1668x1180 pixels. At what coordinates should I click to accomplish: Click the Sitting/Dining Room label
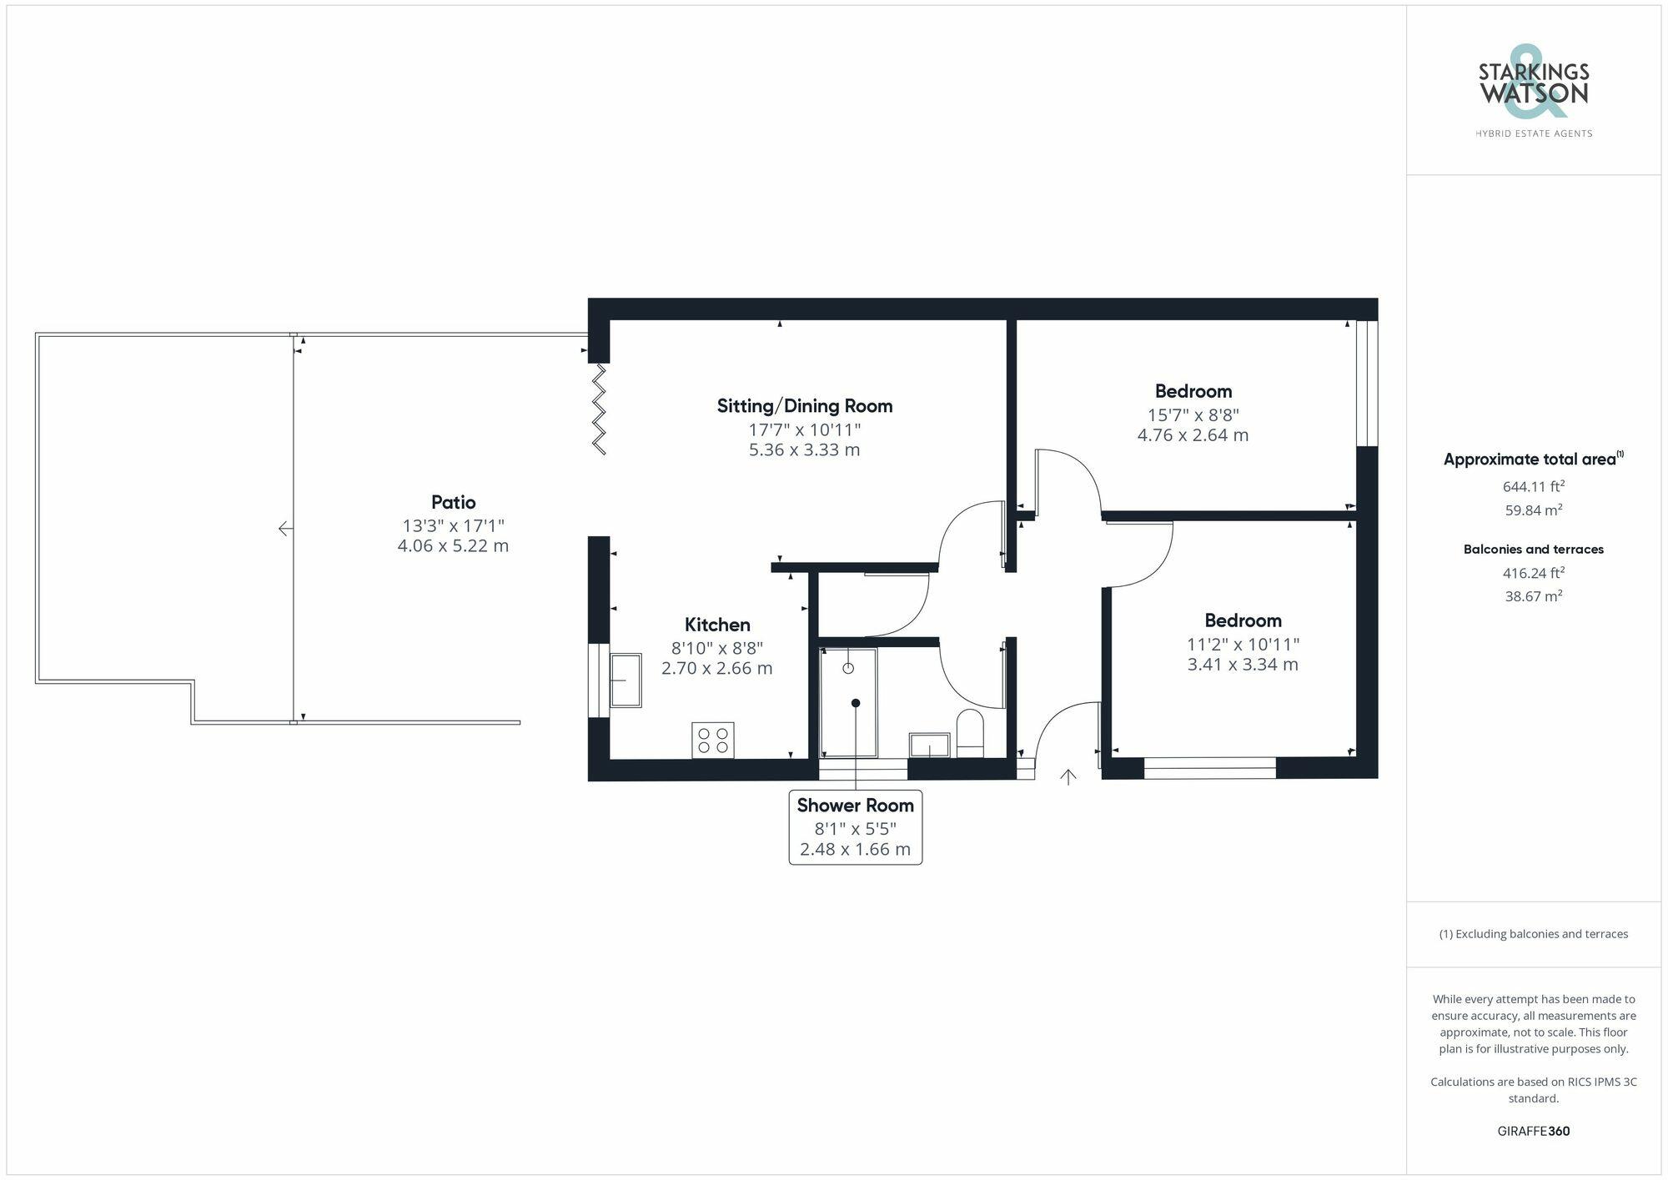(804, 406)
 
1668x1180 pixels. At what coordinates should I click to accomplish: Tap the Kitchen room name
(717, 625)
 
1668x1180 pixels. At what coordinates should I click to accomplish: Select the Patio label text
(453, 502)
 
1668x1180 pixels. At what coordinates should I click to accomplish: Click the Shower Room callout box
(855, 826)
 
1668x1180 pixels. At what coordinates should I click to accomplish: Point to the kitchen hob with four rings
(712, 740)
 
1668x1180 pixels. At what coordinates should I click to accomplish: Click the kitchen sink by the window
(625, 680)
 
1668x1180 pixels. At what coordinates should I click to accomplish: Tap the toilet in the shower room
(970, 731)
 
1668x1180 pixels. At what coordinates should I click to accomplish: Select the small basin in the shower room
(929, 745)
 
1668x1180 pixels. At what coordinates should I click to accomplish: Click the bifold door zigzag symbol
(599, 409)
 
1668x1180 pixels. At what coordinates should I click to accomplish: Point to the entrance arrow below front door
(1068, 777)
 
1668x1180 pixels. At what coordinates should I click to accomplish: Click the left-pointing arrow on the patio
(285, 529)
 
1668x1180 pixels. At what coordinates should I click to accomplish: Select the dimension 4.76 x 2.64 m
(1193, 435)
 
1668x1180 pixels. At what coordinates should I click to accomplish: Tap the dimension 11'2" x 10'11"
(1243, 645)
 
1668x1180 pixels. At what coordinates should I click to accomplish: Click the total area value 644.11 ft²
(1533, 486)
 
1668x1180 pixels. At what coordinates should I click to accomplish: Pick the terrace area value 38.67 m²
(1533, 596)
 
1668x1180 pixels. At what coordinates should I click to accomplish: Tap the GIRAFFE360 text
(1533, 1131)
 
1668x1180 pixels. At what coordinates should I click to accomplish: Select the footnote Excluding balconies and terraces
(1533, 934)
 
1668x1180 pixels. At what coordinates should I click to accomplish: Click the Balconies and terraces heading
(1533, 550)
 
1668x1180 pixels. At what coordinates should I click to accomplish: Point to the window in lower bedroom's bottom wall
(1209, 768)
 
